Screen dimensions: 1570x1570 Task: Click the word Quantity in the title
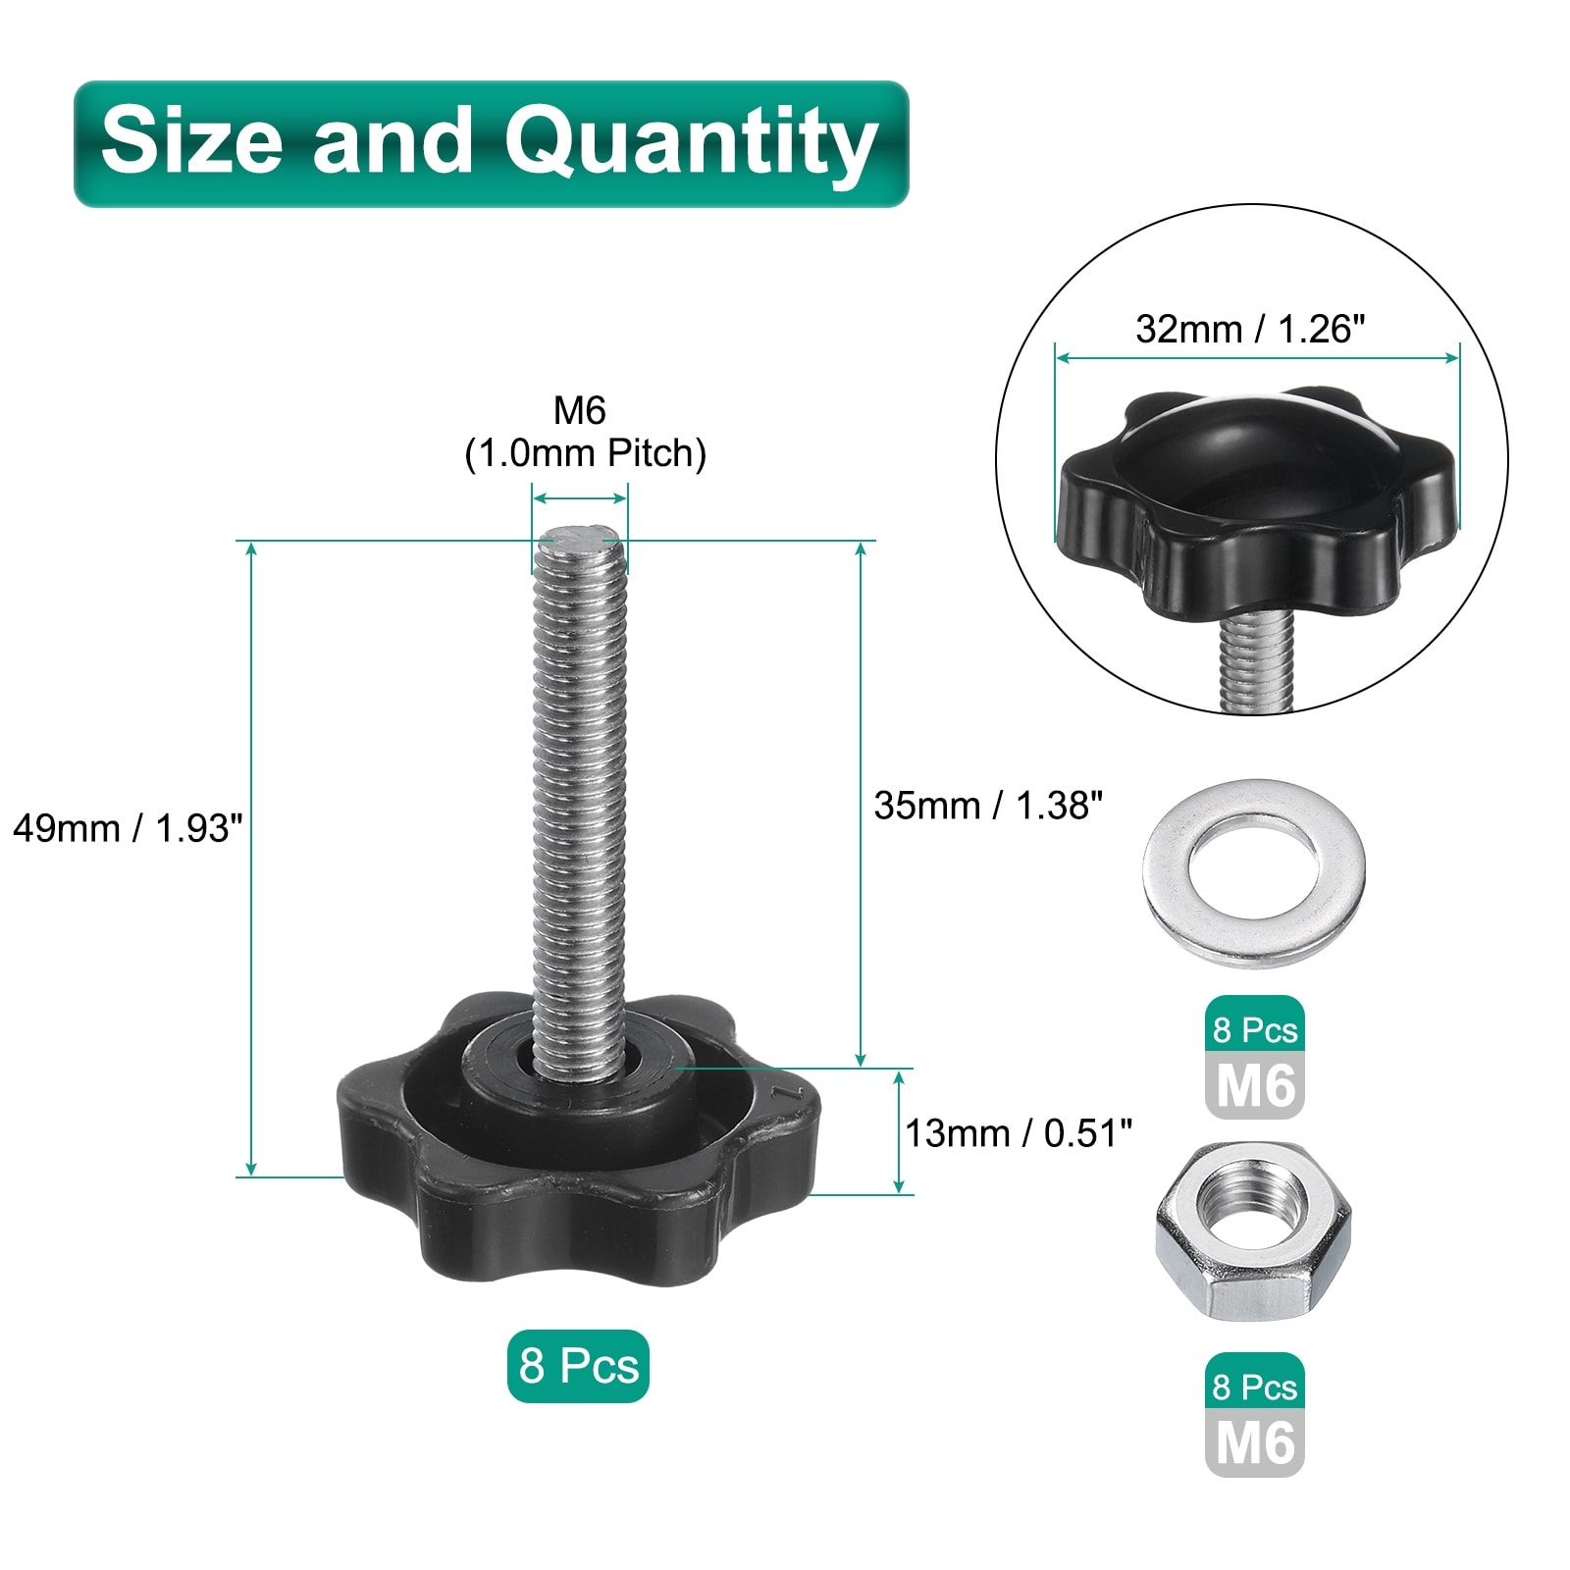tap(691, 144)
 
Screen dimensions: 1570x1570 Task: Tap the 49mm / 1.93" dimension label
tap(127, 828)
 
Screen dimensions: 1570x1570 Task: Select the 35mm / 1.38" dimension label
tap(988, 806)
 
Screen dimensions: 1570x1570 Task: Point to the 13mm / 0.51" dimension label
tap(1019, 1133)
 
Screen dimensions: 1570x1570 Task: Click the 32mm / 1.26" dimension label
tap(1250, 329)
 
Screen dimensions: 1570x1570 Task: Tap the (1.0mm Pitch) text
tap(585, 453)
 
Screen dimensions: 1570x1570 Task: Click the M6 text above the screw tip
tap(579, 410)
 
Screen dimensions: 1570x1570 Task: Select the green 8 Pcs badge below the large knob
tap(578, 1366)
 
